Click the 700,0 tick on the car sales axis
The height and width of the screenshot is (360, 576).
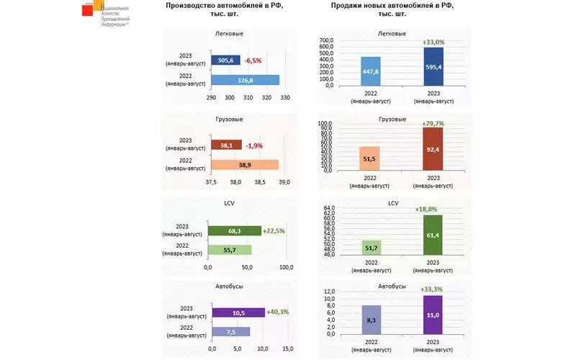tap(325, 41)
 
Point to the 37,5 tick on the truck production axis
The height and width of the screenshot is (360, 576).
tap(211, 182)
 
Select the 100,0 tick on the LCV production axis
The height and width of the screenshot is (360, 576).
tap(286, 267)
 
